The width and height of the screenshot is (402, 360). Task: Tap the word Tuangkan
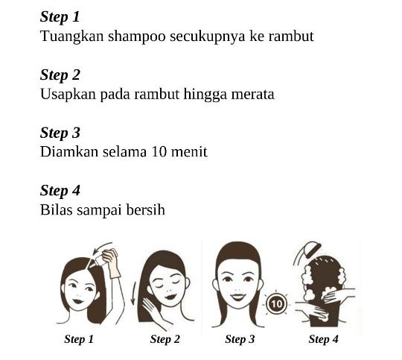[x=72, y=37]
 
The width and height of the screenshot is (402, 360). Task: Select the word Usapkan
[x=68, y=95]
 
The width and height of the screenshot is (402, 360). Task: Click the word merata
[x=253, y=94]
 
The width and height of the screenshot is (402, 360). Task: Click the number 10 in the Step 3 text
[x=159, y=152]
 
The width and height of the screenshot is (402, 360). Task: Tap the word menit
[x=189, y=152]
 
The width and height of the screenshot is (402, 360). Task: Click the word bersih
[x=145, y=209]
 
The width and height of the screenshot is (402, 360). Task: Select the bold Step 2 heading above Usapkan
[x=60, y=75]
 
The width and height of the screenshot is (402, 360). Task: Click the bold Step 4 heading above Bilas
[x=60, y=191]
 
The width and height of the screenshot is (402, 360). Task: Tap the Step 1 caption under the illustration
[x=79, y=339]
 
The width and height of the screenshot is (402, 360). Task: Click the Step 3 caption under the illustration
[x=240, y=339]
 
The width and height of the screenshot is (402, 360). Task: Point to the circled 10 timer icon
[x=276, y=304]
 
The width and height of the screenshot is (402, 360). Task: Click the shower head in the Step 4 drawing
[x=311, y=249]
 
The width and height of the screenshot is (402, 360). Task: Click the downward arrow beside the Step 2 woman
[x=134, y=293]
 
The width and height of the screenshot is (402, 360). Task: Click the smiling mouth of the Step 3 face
[x=237, y=297]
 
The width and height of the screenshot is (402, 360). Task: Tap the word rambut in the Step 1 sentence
[x=291, y=37]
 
